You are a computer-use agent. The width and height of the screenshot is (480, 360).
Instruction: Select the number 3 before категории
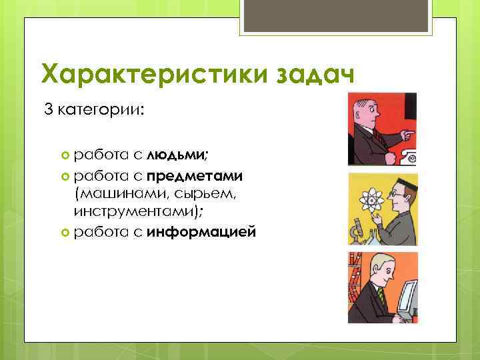(x=48, y=109)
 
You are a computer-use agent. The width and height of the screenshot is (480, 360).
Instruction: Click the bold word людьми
(x=177, y=155)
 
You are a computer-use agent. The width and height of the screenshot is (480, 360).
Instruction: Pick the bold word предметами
(x=195, y=176)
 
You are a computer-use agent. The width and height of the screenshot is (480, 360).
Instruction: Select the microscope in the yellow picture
(x=357, y=231)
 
